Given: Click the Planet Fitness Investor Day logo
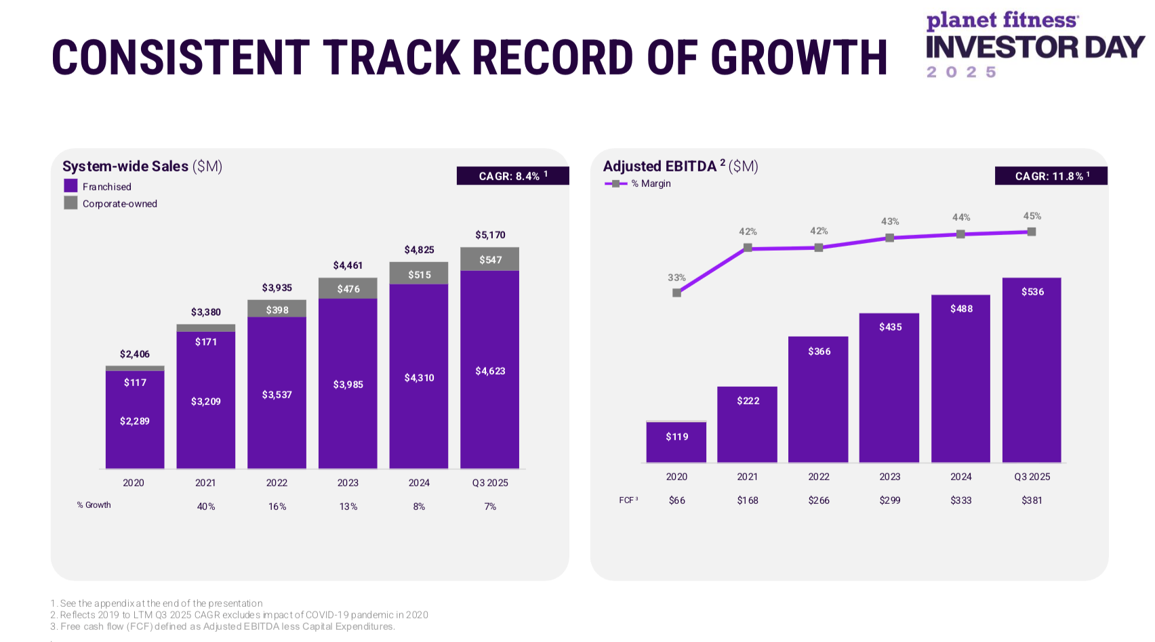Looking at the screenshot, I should click(1035, 45).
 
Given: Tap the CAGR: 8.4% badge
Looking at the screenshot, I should click(512, 176).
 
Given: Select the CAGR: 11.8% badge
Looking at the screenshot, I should click(1051, 176).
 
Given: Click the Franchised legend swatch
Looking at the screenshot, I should click(70, 186).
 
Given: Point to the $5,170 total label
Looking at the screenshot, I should click(490, 235).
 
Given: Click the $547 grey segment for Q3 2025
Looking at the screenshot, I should click(490, 259).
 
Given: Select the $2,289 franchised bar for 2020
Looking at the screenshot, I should click(135, 421).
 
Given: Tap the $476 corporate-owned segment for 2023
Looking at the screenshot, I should click(348, 288).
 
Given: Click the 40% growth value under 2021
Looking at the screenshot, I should click(206, 507).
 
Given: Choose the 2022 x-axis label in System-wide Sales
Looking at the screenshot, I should click(277, 483).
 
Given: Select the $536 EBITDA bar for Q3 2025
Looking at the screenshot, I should click(1032, 370).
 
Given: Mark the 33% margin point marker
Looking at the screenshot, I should click(676, 293).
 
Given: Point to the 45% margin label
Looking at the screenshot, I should click(1032, 216).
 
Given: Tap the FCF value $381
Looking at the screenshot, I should click(1032, 500).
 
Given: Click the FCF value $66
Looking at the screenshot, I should click(676, 500).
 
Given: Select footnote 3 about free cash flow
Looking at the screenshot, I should click(224, 626).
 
